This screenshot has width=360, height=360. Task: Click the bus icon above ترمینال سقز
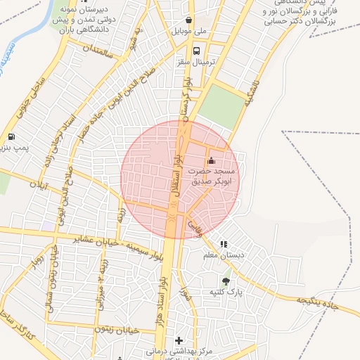(196, 51)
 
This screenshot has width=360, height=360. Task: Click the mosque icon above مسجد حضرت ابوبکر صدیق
(212, 160)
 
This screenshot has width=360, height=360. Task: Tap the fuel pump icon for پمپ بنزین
(11, 136)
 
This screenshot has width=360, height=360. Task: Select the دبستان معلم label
(224, 255)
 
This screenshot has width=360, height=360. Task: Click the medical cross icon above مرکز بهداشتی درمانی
(178, 340)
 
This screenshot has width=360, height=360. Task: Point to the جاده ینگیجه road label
(311, 300)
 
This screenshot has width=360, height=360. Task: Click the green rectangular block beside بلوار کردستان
(221, 105)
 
